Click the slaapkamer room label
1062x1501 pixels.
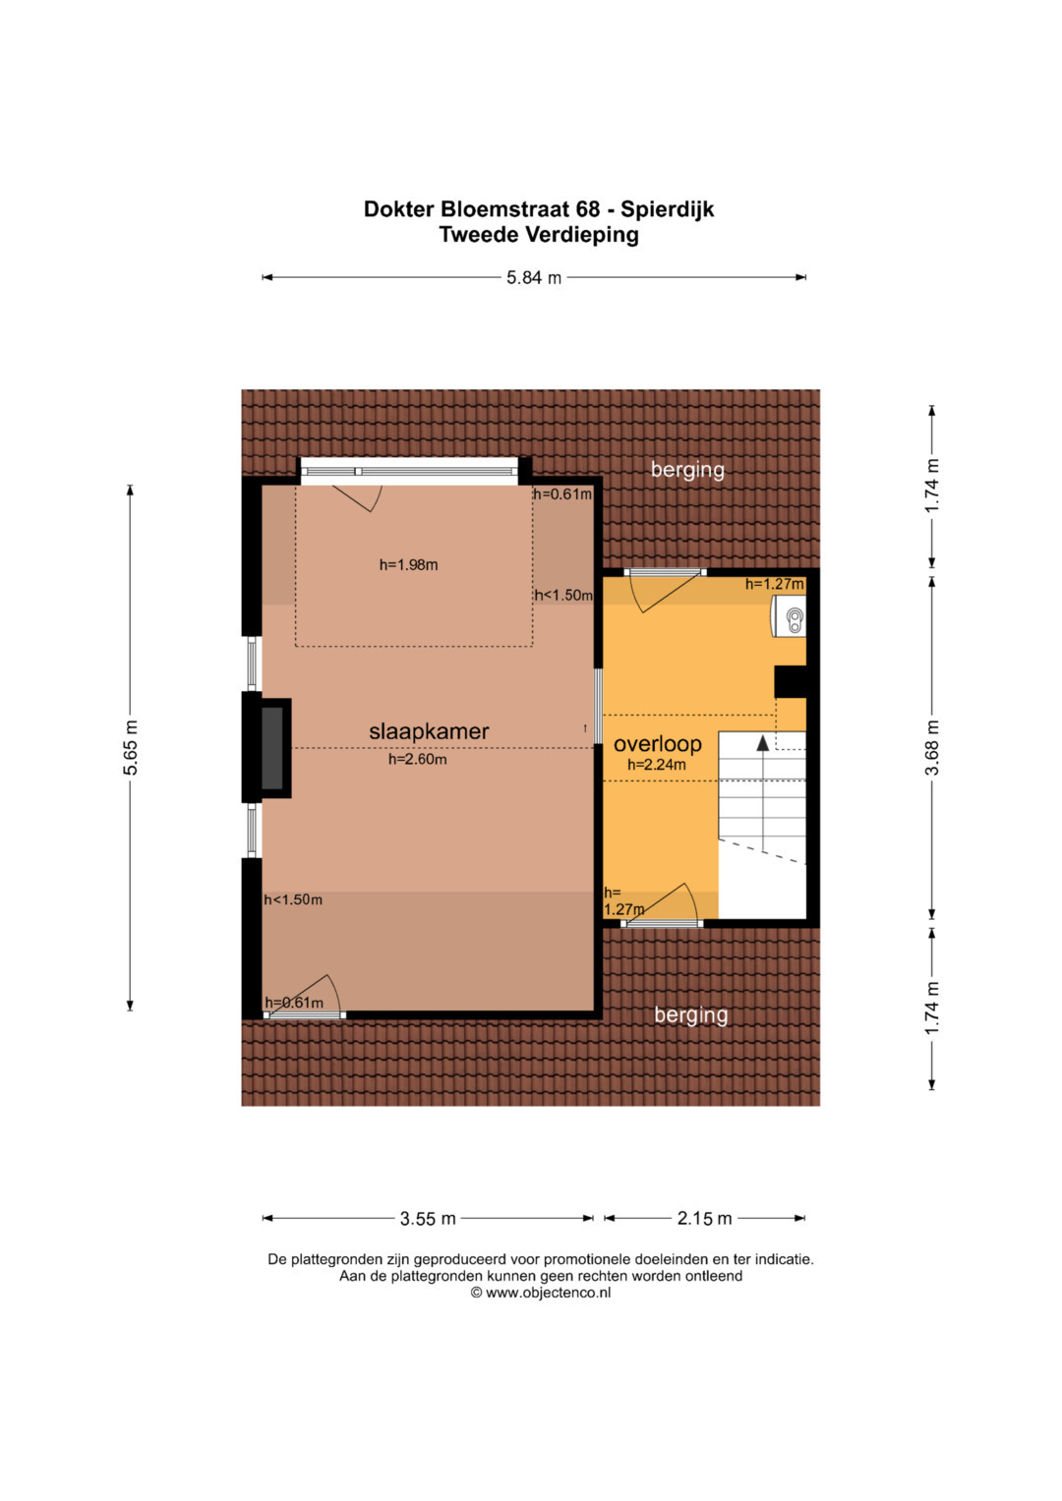coord(429,731)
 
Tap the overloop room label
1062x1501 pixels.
coord(658,743)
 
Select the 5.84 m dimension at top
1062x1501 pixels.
coord(534,277)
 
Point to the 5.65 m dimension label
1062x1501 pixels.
coord(130,747)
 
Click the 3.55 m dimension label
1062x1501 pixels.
coord(428,1218)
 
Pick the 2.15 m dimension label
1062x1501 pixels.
coord(704,1218)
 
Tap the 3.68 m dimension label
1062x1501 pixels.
coord(932,747)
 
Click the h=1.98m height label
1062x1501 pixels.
coord(408,565)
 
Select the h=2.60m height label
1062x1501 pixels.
coord(418,759)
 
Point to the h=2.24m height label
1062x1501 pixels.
coord(657,765)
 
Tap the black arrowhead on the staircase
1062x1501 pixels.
coord(762,742)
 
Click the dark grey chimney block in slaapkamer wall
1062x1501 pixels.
coord(272,748)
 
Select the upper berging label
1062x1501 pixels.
coord(687,470)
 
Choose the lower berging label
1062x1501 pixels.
coord(690,1014)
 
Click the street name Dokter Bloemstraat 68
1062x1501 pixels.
coord(482,209)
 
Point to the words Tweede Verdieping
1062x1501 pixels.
coord(539,235)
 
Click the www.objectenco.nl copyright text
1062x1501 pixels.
coord(541,1293)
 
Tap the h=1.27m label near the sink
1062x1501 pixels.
coord(775,584)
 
